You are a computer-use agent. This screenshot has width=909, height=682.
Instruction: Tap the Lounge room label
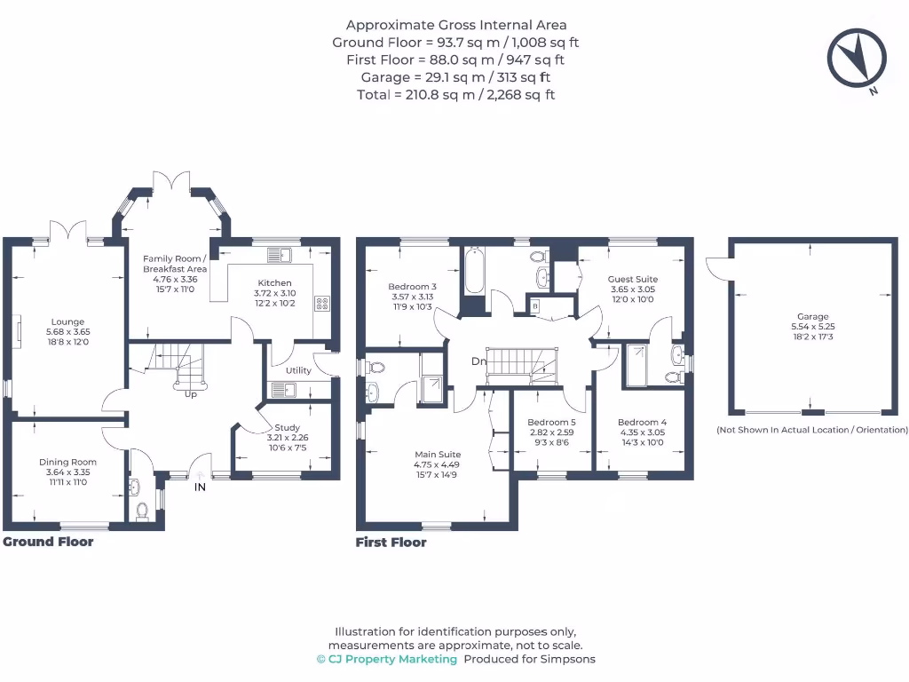[67, 322]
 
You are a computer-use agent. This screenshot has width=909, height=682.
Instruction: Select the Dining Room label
[67, 462]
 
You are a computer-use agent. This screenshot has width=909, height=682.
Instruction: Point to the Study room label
[287, 427]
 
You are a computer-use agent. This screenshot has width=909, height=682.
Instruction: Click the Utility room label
[298, 370]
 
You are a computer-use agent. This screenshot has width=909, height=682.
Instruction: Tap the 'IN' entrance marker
[201, 487]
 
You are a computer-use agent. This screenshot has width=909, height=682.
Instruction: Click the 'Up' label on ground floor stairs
[191, 394]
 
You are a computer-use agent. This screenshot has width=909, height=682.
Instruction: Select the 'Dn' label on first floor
[478, 361]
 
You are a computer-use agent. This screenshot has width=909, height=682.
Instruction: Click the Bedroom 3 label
[412, 287]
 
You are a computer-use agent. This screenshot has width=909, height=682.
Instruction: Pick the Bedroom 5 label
[551, 422]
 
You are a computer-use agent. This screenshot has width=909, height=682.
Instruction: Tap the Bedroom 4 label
[642, 422]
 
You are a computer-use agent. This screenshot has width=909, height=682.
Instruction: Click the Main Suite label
[436, 454]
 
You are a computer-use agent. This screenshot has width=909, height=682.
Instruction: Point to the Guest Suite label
[632, 279]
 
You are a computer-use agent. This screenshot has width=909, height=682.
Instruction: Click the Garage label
[812, 316]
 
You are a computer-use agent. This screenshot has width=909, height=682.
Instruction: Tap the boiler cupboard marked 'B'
[534, 306]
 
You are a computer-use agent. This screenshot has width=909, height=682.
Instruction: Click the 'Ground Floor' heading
[48, 542]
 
